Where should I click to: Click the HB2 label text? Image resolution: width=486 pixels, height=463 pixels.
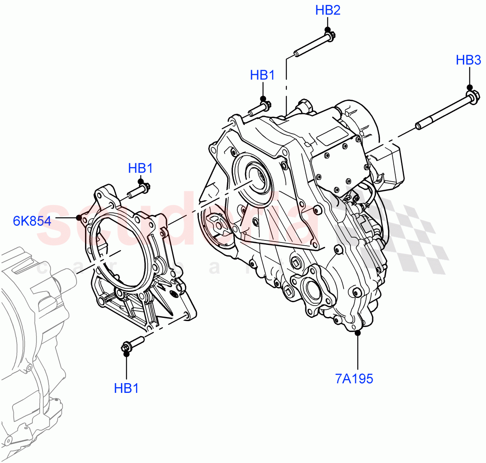click(328, 11)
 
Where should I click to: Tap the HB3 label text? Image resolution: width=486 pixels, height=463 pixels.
click(468, 60)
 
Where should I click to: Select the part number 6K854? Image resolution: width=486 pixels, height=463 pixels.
click(32, 221)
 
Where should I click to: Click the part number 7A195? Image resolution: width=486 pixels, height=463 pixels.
click(354, 379)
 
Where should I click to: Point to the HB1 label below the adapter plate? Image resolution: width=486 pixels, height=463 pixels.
click(126, 388)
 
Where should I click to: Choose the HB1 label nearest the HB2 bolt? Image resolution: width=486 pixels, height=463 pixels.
click(262, 75)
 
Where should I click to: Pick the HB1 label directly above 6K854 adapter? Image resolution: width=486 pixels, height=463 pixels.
click(141, 168)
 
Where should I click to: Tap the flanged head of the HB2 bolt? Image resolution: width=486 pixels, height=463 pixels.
click(329, 36)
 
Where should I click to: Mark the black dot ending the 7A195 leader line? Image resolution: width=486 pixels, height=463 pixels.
click(358, 333)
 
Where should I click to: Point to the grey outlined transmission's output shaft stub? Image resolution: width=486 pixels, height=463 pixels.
click(65, 280)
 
